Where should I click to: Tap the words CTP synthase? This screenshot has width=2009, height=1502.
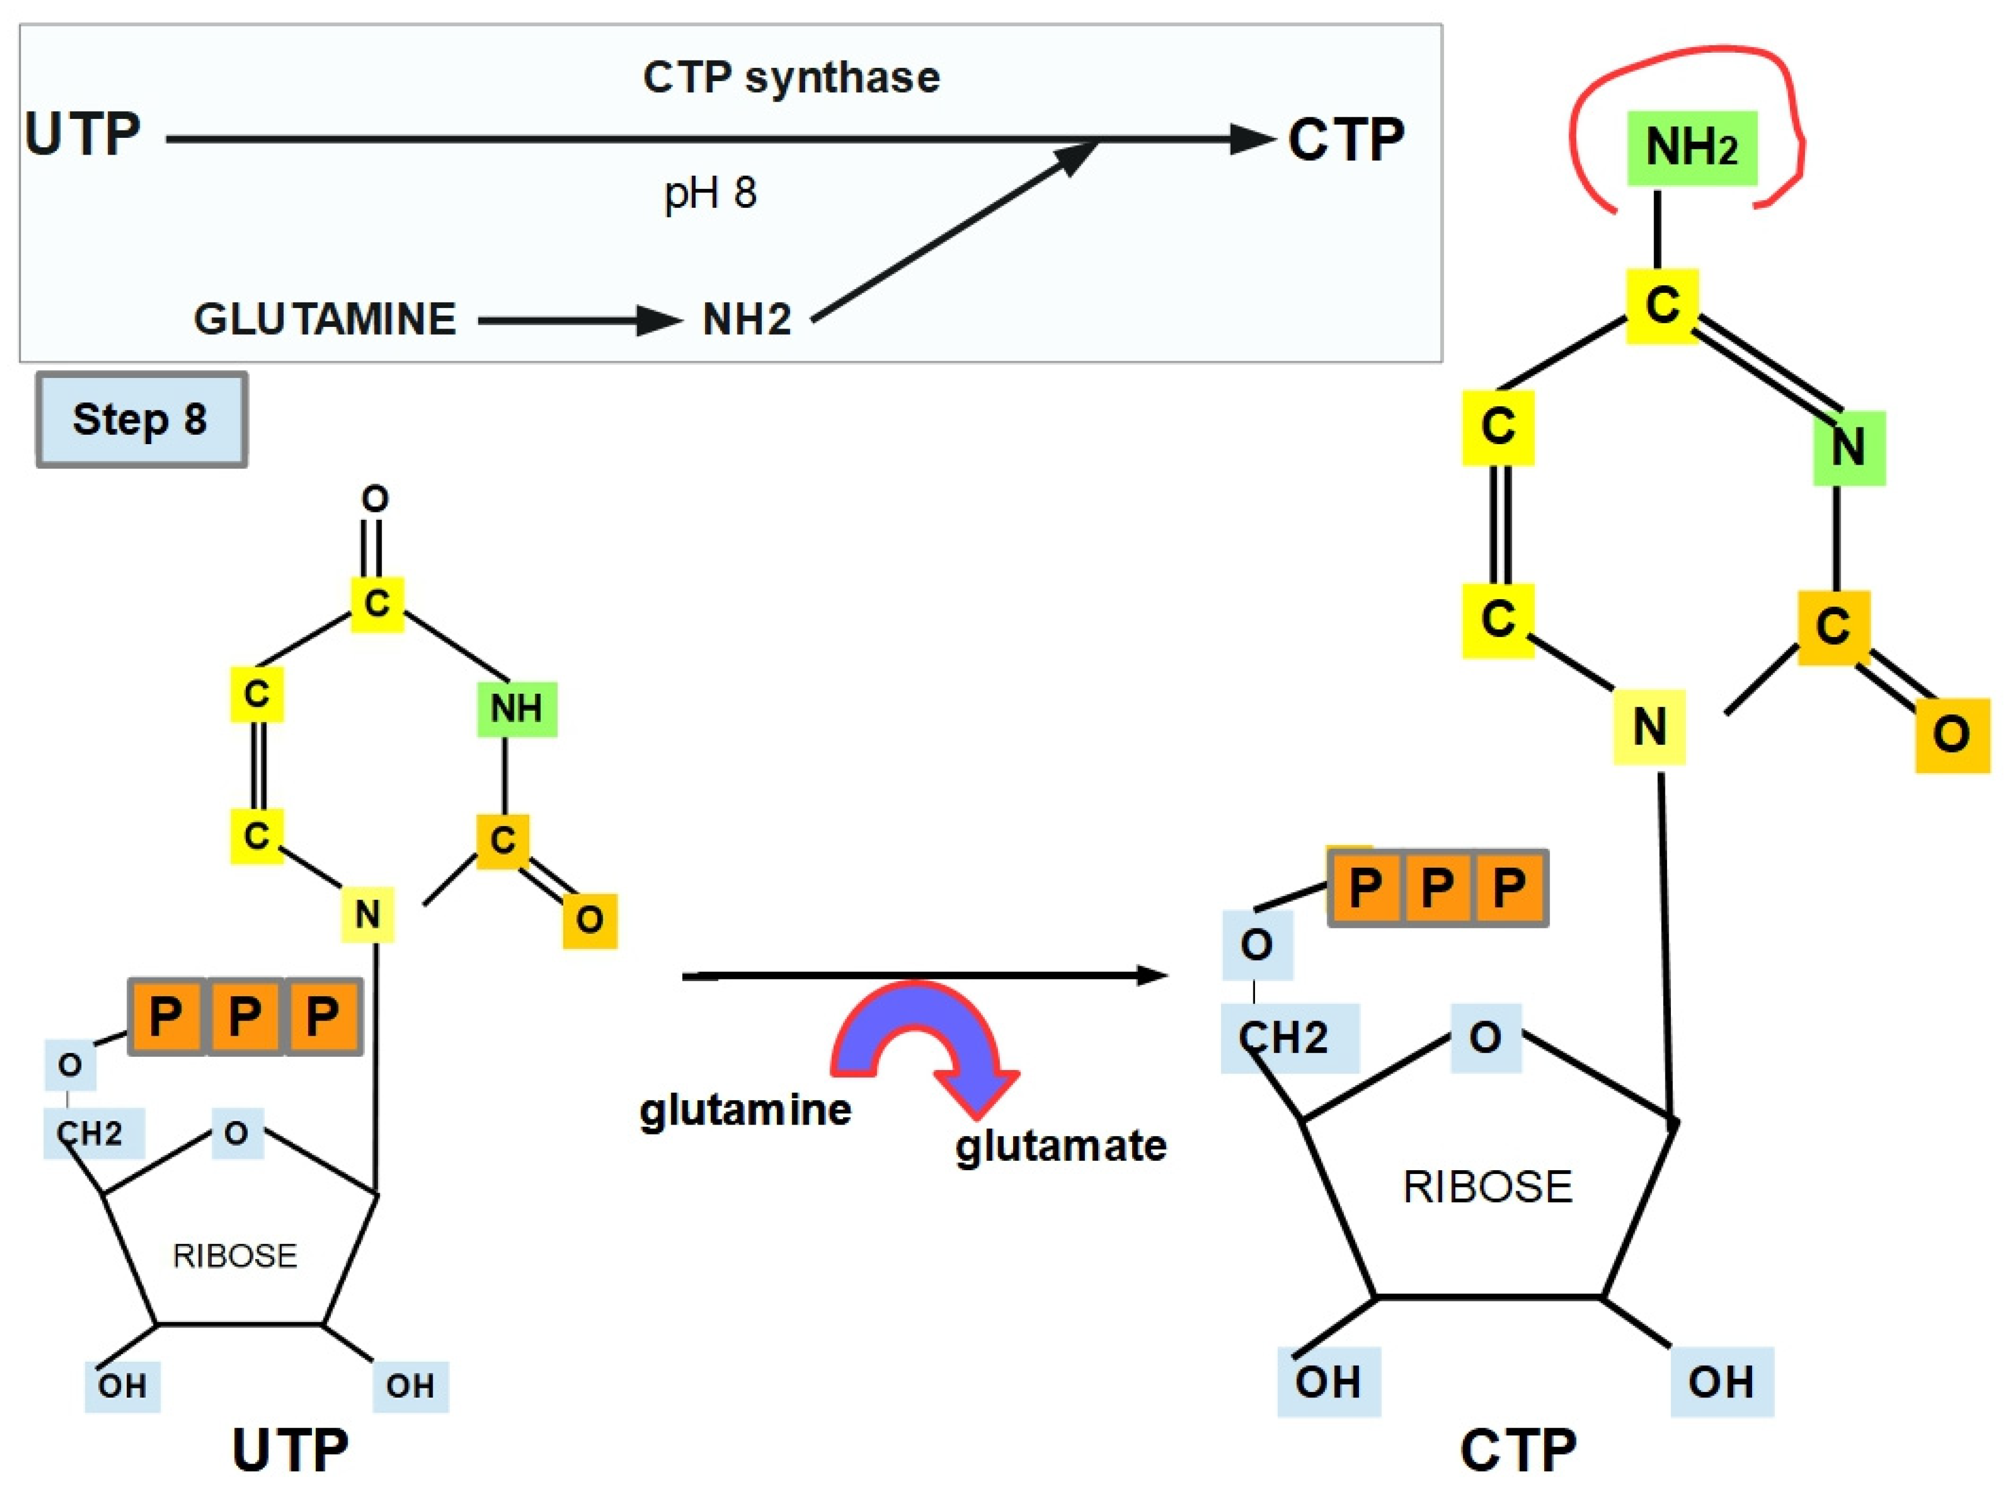point(791,77)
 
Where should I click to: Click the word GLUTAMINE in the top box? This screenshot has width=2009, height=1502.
point(324,319)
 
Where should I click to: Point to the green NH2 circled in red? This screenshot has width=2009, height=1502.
point(1692,148)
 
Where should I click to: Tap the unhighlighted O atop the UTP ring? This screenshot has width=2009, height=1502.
point(375,499)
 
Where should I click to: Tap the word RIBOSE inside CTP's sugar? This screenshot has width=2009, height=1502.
point(1487,1187)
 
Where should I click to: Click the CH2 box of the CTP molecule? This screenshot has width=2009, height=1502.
point(1289,1038)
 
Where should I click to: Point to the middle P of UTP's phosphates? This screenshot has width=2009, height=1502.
point(244,1016)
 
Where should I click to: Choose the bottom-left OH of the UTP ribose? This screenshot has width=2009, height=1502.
point(123,1387)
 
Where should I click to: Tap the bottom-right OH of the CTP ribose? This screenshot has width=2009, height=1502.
point(1722,1382)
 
